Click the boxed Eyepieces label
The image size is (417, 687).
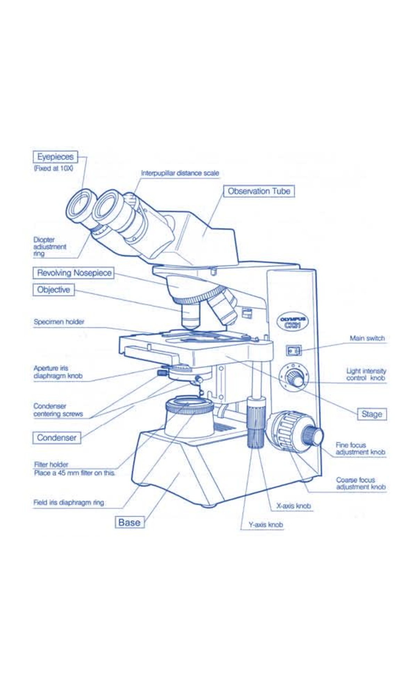[55, 157]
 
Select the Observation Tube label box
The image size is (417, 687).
[259, 191]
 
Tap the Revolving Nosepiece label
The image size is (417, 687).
[74, 273]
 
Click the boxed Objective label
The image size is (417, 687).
[54, 290]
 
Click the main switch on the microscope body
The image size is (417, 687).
[293, 351]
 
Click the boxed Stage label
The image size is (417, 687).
[371, 414]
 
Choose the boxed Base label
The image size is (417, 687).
[129, 522]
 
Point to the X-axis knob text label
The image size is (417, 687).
[293, 506]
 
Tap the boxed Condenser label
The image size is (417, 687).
[56, 438]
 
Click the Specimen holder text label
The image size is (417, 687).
[59, 322]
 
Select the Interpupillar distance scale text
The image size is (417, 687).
[180, 173]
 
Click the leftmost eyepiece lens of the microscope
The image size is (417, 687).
[81, 206]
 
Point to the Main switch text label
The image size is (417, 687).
[367, 338]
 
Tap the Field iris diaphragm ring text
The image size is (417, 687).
[68, 502]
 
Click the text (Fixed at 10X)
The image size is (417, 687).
[54, 169]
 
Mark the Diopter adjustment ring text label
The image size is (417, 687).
[49, 246]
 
